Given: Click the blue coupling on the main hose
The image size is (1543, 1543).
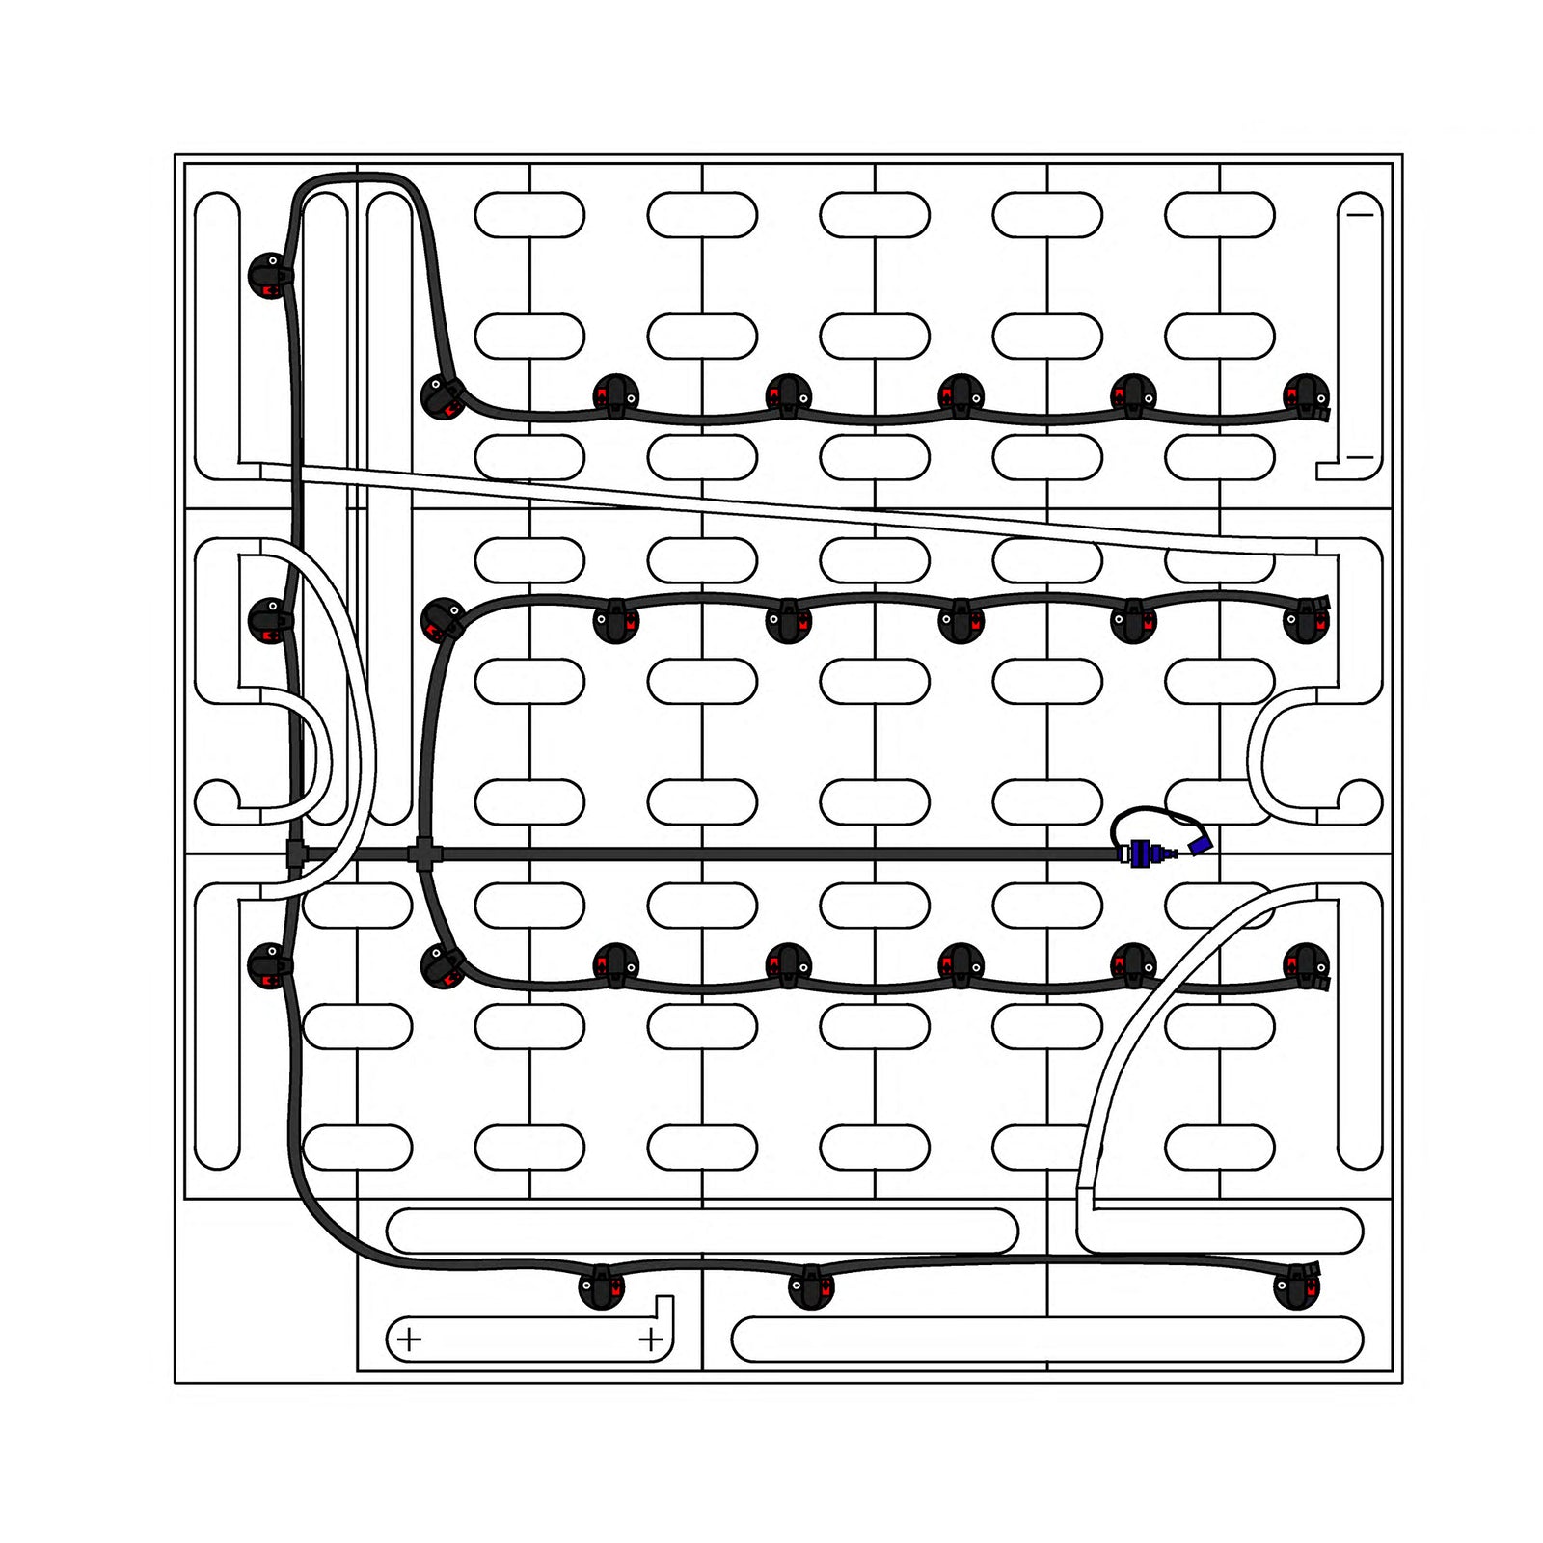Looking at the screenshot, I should (x=1141, y=854).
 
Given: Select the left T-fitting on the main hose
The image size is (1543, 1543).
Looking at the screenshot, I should (x=295, y=853).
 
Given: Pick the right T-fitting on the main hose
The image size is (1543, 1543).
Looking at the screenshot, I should (x=421, y=853).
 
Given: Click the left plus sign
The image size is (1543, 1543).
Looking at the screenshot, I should (x=410, y=1340).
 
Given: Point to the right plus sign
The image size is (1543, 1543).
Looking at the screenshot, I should (x=651, y=1340).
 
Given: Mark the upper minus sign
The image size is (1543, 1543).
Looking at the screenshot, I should (x=1360, y=214).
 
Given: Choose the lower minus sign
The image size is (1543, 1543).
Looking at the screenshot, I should (x=1360, y=457).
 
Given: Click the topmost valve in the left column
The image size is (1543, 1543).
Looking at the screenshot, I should (x=271, y=275).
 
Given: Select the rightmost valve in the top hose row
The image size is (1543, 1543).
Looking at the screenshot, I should (x=1307, y=396).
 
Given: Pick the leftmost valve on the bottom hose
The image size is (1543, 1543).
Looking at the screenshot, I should (x=601, y=1286).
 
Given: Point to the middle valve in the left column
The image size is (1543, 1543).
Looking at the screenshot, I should (x=271, y=620).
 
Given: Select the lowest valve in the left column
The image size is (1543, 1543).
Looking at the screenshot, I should (x=270, y=965).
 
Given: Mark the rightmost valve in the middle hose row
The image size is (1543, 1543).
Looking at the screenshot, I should (x=1307, y=620).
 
